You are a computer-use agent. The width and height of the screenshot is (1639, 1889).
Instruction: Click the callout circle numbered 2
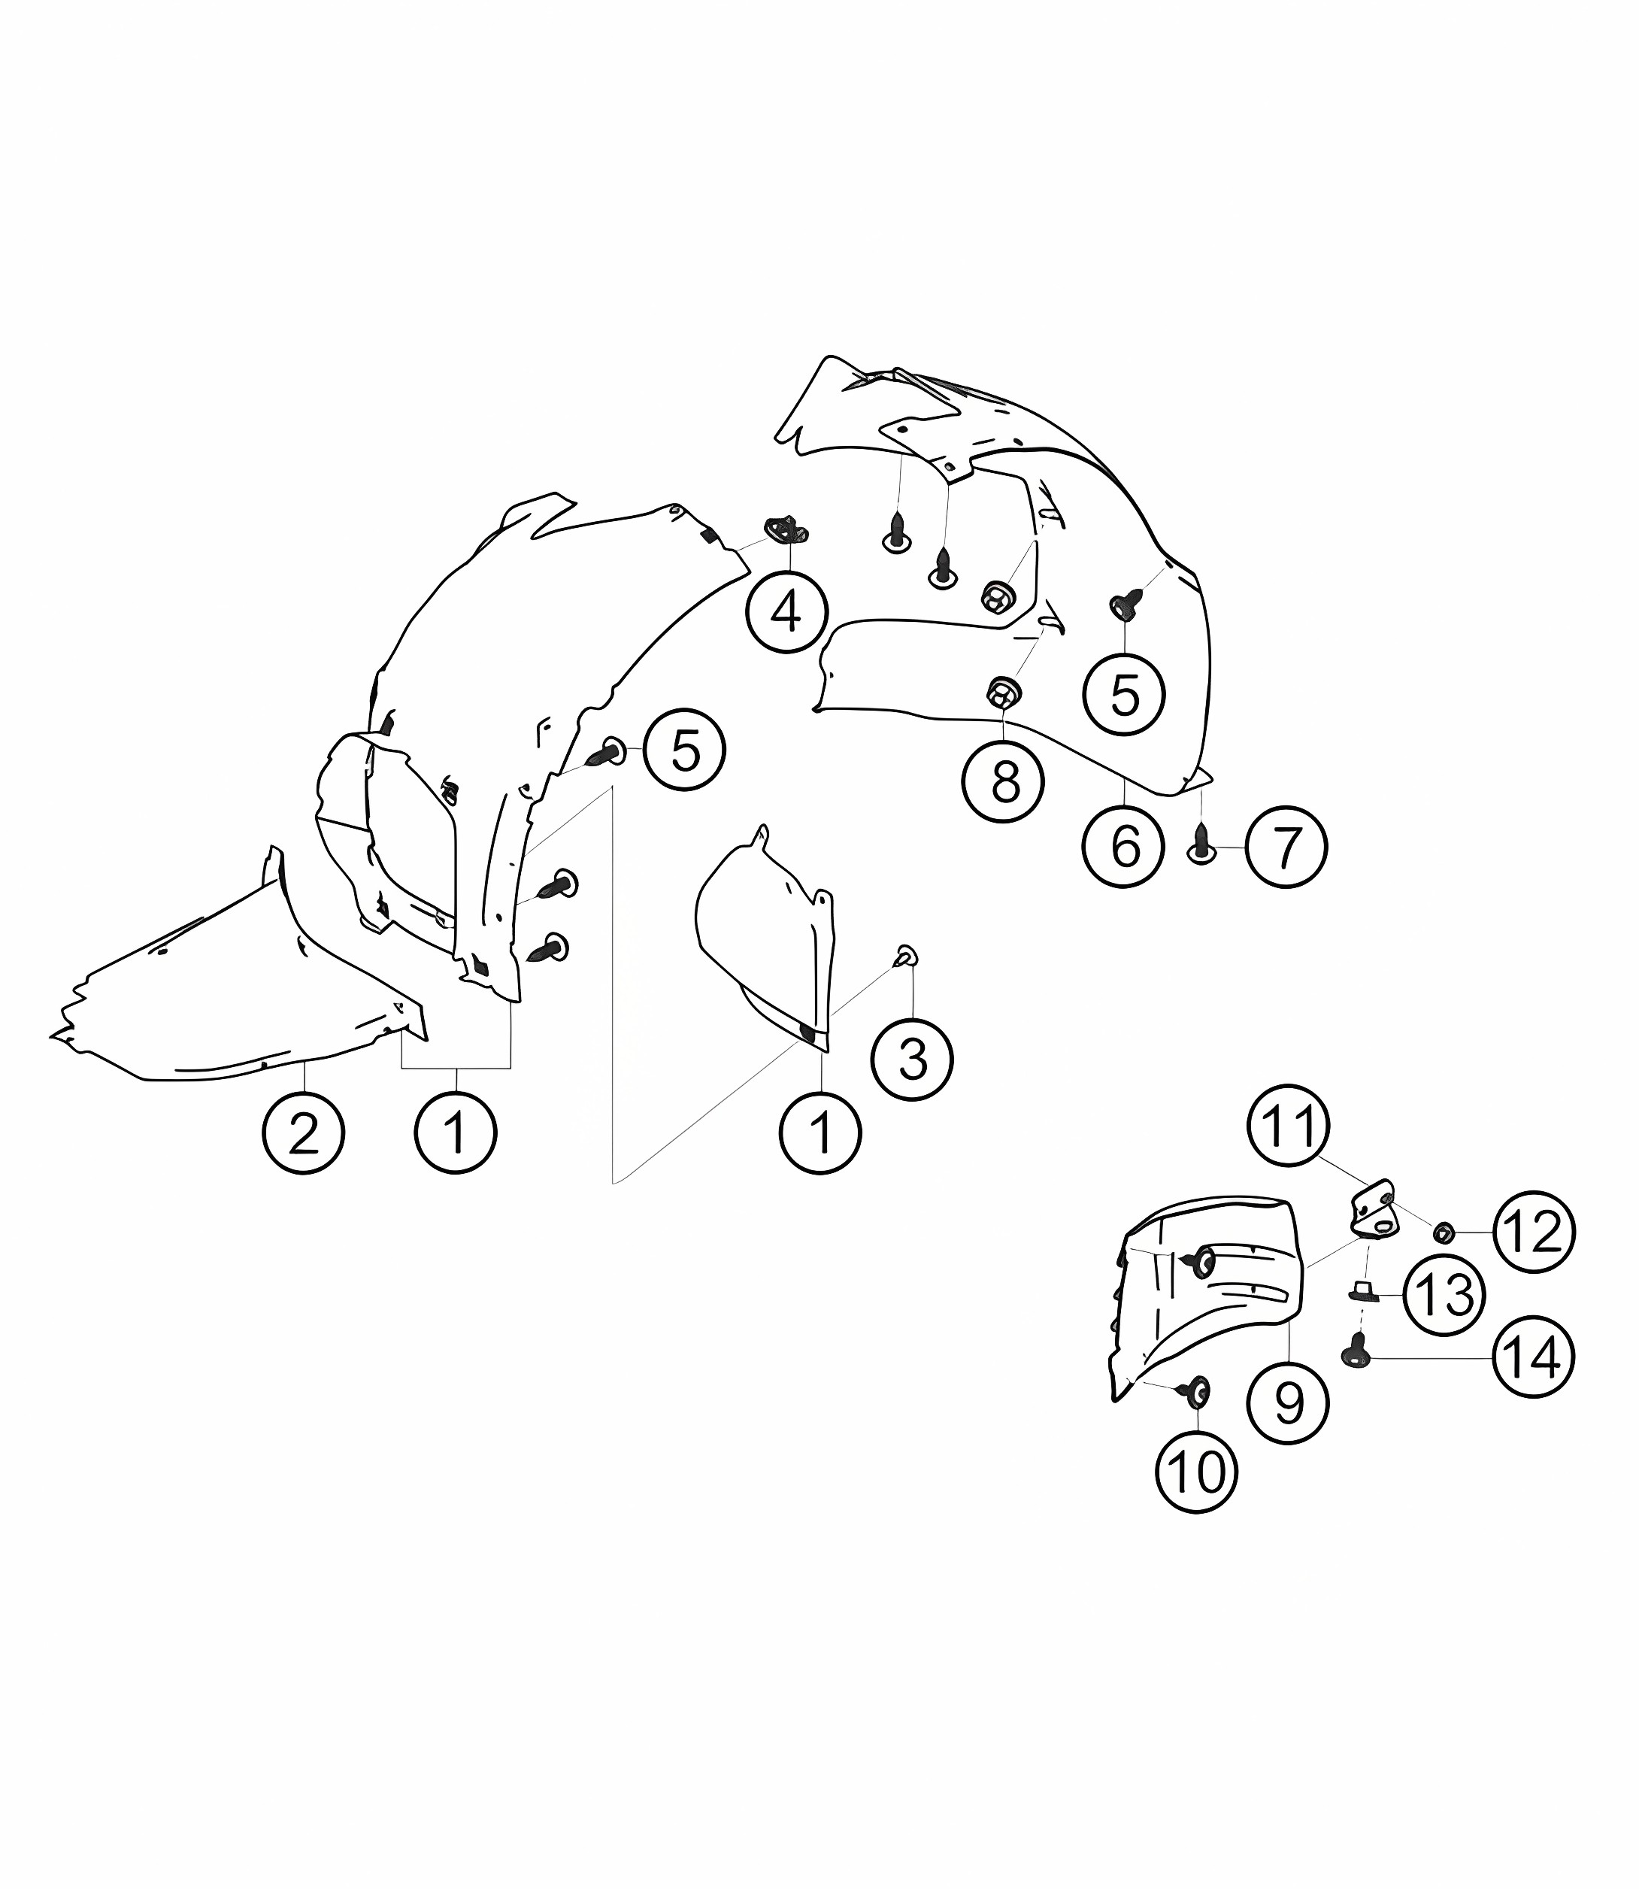[304, 1132]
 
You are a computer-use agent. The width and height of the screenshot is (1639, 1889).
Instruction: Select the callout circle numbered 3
[913, 1060]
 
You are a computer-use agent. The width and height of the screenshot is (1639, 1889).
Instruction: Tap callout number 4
[786, 611]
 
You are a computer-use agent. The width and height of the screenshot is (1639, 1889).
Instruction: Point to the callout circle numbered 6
[1124, 846]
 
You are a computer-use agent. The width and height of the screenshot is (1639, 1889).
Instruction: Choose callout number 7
[1286, 847]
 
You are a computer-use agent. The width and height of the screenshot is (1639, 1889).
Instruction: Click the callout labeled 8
[1004, 781]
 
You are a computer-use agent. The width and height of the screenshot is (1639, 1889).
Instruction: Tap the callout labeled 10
[1196, 1473]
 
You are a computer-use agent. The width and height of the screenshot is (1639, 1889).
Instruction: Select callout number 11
[1289, 1125]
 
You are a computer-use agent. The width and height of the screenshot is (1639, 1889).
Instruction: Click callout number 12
[1534, 1233]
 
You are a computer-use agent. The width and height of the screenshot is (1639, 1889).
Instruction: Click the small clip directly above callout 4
[786, 529]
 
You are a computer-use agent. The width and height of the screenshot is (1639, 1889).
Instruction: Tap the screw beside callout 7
[1202, 842]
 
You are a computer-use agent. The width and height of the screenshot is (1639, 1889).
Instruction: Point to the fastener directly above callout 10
[1196, 1392]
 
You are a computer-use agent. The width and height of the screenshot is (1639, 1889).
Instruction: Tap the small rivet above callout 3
[905, 956]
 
